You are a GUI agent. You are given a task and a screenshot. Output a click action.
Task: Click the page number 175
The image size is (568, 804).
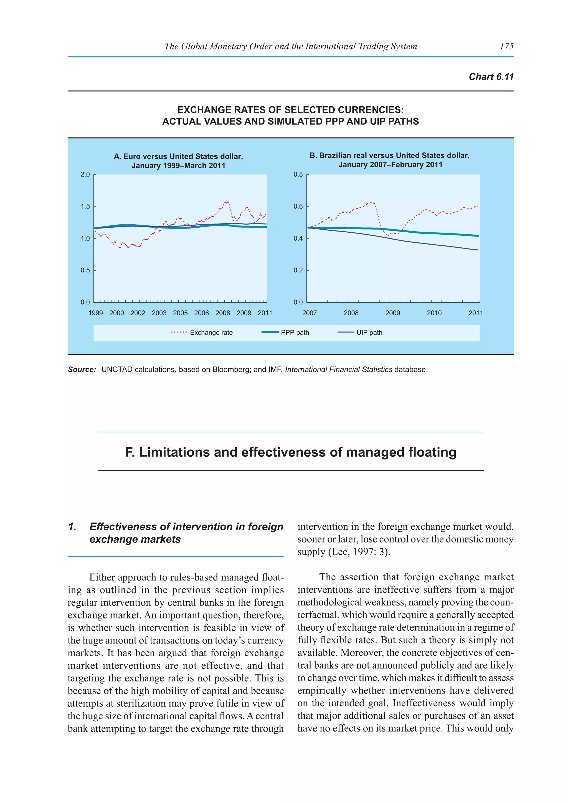tap(506, 46)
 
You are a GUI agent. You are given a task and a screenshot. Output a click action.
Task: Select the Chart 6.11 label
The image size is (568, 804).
tap(491, 77)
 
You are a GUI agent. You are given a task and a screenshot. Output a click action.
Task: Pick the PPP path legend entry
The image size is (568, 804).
tap(295, 332)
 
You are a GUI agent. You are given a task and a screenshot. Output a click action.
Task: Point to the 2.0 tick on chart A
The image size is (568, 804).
tap(85, 174)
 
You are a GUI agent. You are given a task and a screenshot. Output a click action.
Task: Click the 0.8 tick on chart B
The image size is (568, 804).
tap(298, 174)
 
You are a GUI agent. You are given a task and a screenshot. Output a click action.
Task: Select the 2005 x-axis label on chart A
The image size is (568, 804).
tap(180, 313)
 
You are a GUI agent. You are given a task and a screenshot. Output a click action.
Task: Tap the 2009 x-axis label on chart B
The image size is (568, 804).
tap(392, 313)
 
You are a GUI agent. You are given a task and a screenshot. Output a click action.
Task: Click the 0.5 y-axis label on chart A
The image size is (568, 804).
tap(85, 270)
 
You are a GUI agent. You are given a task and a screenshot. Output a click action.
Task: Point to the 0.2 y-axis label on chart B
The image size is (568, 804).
tap(298, 270)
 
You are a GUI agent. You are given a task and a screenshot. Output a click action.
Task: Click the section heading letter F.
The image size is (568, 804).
tap(130, 453)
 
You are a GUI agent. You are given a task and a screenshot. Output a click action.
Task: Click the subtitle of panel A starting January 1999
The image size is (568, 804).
tap(178, 166)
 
